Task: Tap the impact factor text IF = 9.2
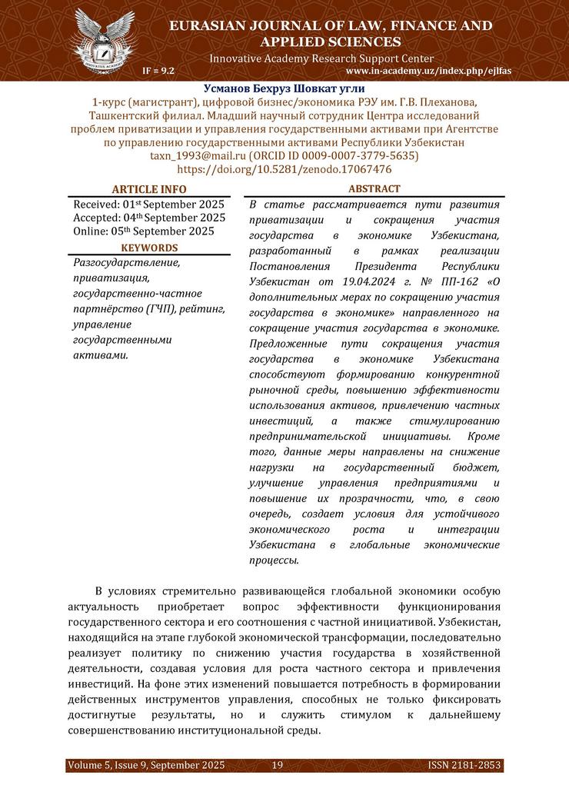click(x=158, y=70)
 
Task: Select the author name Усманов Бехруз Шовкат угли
click(x=284, y=88)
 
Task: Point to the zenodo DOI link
click(x=284, y=169)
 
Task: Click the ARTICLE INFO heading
click(x=149, y=189)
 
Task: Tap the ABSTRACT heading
click(x=374, y=189)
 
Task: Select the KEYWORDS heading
click(x=149, y=248)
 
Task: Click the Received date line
click(x=148, y=204)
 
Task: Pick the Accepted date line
click(x=149, y=217)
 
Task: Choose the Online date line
click(x=144, y=231)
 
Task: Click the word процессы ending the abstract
click(x=274, y=561)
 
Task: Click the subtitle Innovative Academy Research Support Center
click(x=321, y=58)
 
